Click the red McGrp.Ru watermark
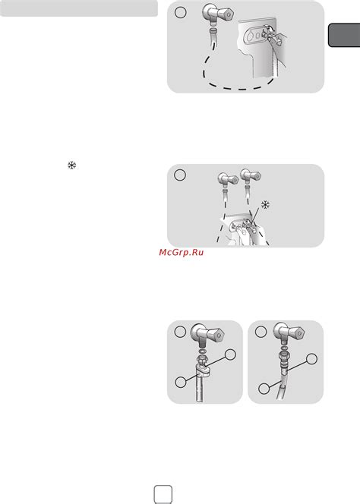pos(181,252)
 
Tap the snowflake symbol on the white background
pos(71,165)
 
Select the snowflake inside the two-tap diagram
pos(265,205)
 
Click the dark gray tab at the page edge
pos(344,36)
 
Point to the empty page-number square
pos(163,494)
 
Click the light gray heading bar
pos(79,8)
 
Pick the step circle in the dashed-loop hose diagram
pos(180,12)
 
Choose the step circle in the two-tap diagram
pos(180,175)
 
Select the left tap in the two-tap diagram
pos(228,179)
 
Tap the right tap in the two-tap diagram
pos(251,176)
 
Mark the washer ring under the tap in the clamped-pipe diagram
pos(201,351)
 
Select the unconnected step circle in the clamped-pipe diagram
pos(180,332)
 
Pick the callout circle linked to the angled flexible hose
pos(264,389)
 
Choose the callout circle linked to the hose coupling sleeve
pos(311,359)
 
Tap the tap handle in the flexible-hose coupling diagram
pos(295,332)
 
